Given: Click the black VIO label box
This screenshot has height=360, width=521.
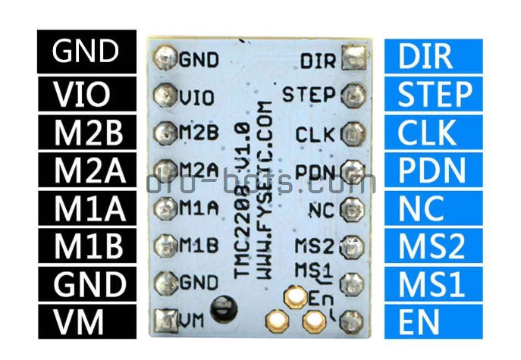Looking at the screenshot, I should (86, 95).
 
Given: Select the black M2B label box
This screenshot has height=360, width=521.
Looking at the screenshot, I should (86, 133).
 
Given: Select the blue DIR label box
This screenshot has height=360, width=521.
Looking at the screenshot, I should (433, 56).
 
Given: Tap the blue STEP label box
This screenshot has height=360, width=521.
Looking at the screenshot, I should (433, 95).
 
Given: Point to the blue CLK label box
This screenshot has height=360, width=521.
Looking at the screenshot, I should (433, 133).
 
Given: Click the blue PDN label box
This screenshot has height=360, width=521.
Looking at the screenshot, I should (433, 171).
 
